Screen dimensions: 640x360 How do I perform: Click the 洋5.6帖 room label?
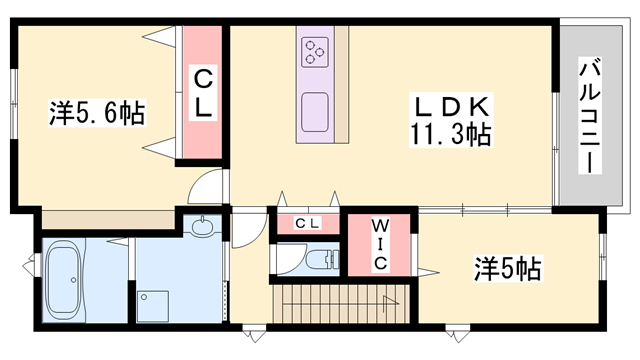click(x=97, y=112)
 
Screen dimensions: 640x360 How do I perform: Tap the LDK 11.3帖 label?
click(x=451, y=120)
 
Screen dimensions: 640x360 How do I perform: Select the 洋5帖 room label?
click(x=508, y=269)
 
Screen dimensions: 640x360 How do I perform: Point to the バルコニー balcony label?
click(x=590, y=116)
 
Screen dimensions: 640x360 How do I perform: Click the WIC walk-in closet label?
click(x=380, y=244)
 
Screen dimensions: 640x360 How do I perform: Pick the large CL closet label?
click(x=203, y=93)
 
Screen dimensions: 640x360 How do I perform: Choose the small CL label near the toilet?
click(x=307, y=223)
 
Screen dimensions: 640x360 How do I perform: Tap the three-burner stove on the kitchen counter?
click(x=315, y=52)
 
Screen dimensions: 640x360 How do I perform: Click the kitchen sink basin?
click(x=315, y=112)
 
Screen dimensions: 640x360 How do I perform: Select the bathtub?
click(x=63, y=280)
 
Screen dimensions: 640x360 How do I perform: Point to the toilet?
click(x=322, y=259)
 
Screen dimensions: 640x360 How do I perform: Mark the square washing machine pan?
click(x=153, y=306)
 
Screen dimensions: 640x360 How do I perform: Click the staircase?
click(x=341, y=304)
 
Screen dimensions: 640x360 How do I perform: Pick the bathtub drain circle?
click(x=73, y=280)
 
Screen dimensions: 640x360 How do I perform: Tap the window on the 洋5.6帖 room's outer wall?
click(x=14, y=103)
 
